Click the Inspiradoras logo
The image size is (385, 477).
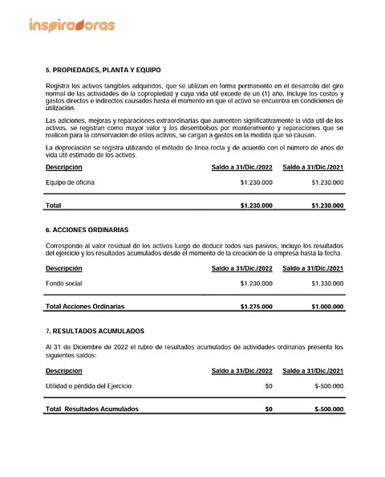[71, 25]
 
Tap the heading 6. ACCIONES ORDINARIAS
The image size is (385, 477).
[87, 230]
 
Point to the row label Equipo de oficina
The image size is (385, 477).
[70, 182]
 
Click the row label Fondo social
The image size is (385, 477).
[63, 283]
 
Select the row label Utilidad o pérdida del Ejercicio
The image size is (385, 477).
[89, 386]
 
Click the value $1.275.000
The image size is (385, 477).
[256, 307]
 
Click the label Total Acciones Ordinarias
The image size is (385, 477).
[85, 307]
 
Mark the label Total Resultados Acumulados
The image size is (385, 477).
[92, 409]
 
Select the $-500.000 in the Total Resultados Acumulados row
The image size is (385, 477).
[330, 409]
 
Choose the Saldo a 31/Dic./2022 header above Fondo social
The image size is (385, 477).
[241, 268]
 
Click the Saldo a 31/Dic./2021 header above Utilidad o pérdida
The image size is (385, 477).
[313, 371]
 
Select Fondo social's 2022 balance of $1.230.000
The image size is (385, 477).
[256, 283]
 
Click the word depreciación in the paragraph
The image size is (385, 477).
[71, 149]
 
